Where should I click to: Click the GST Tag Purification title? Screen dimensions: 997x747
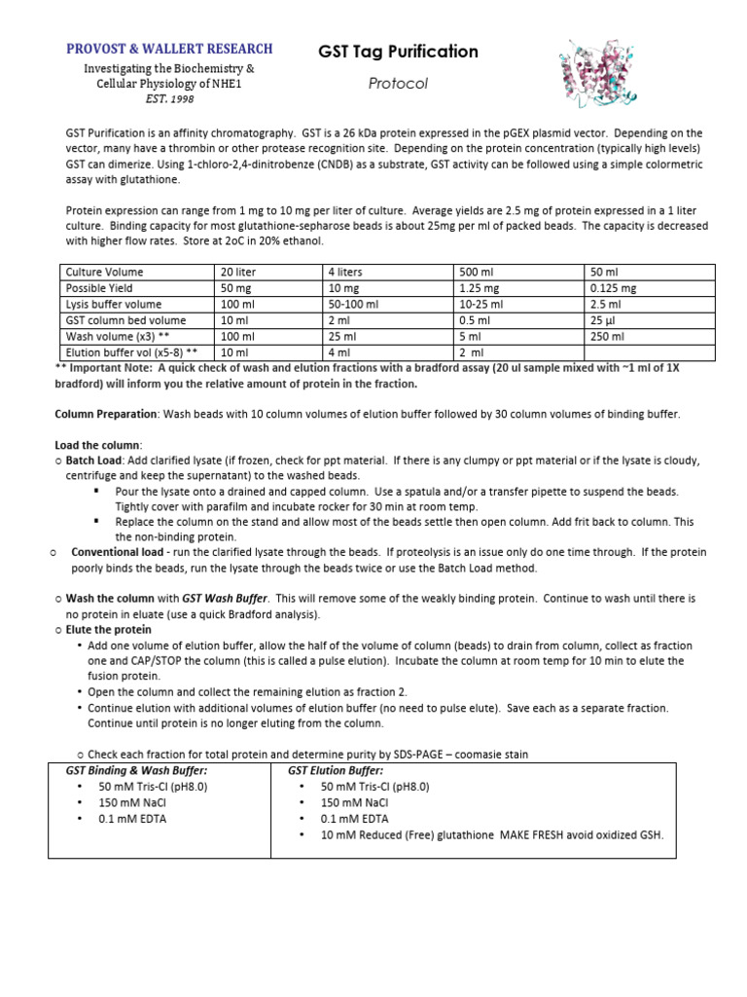coord(398,52)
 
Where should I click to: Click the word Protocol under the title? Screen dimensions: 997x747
coord(398,84)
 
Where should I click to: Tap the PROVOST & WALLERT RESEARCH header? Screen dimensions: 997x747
coord(169,49)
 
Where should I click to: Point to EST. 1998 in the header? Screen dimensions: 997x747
coord(169,98)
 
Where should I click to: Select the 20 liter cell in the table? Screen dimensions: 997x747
coord(238,273)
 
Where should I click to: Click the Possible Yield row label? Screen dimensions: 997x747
coord(98,288)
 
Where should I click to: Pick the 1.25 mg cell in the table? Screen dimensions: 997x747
coord(479,288)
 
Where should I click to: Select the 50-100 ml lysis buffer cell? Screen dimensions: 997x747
coord(353,305)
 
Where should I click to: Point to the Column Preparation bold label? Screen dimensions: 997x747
coord(106,414)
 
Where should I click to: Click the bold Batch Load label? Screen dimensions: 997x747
coord(93,460)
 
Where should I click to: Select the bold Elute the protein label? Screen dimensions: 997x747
coord(108,630)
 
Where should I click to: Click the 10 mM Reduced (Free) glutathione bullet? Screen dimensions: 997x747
coord(491,834)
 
